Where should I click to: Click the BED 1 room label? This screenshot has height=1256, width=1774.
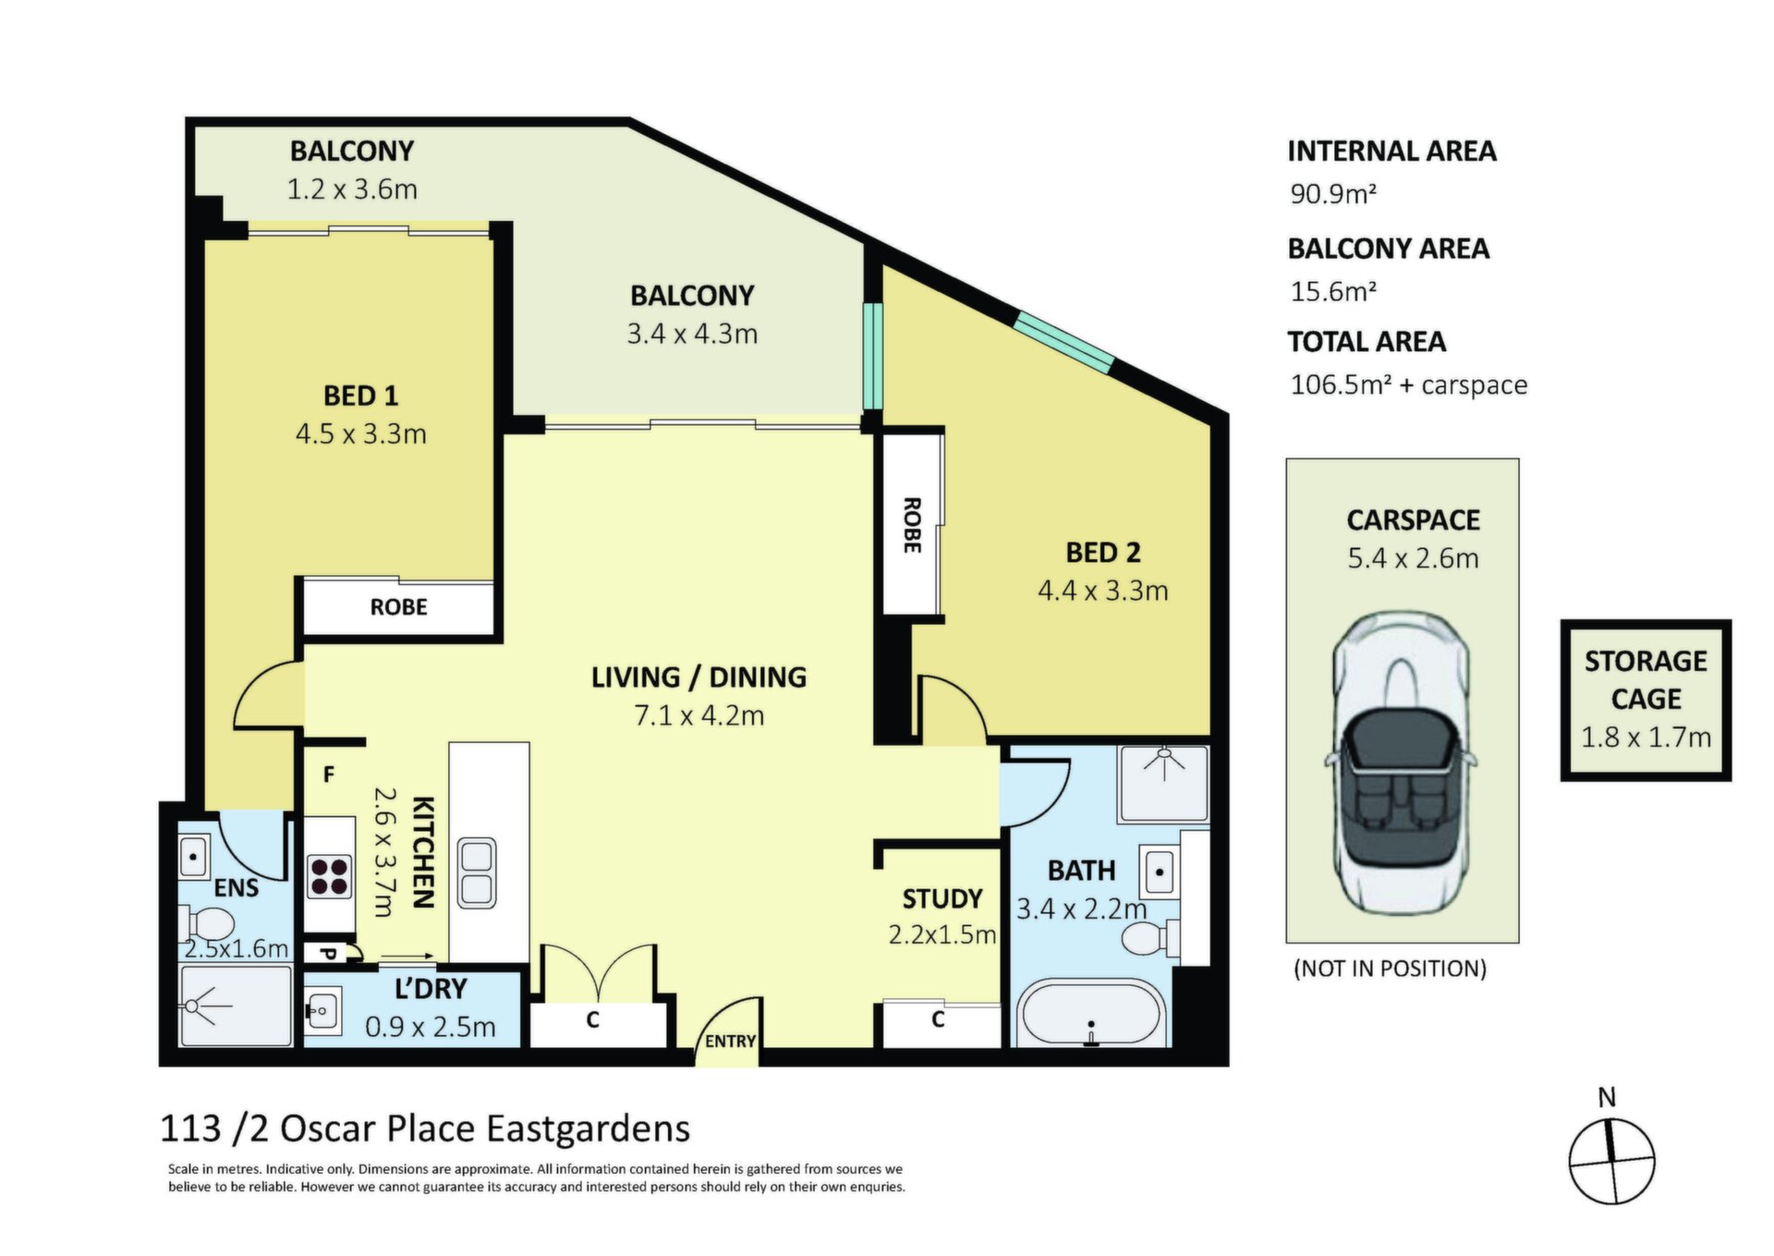pyautogui.click(x=360, y=396)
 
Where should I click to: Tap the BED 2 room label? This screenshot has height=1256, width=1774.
pyautogui.click(x=1103, y=553)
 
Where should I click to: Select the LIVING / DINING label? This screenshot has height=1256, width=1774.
pyautogui.click(x=699, y=677)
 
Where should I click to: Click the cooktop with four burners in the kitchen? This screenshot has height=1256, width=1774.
pyautogui.click(x=330, y=878)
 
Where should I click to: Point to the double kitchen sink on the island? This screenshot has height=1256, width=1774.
pyautogui.click(x=478, y=873)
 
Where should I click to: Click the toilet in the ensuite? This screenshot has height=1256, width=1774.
pyautogui.click(x=206, y=923)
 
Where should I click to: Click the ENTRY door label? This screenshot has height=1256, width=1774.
pyautogui.click(x=730, y=1042)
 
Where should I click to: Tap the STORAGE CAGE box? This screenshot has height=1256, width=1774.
pyautogui.click(x=1646, y=701)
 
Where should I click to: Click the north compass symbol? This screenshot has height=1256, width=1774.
pyautogui.click(x=1611, y=1161)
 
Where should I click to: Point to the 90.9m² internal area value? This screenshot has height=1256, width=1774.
pyautogui.click(x=1333, y=194)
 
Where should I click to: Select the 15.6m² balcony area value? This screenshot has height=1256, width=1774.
pyautogui.click(x=1333, y=292)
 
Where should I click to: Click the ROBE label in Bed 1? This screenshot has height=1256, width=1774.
pyautogui.click(x=398, y=607)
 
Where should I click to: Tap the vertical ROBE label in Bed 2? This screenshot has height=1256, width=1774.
pyautogui.click(x=912, y=525)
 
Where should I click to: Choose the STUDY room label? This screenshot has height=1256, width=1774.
pyautogui.click(x=942, y=899)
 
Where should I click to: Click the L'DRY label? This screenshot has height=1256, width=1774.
pyautogui.click(x=431, y=989)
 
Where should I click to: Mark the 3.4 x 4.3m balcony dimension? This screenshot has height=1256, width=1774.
pyautogui.click(x=692, y=334)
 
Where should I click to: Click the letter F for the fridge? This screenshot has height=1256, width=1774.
pyautogui.click(x=329, y=774)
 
